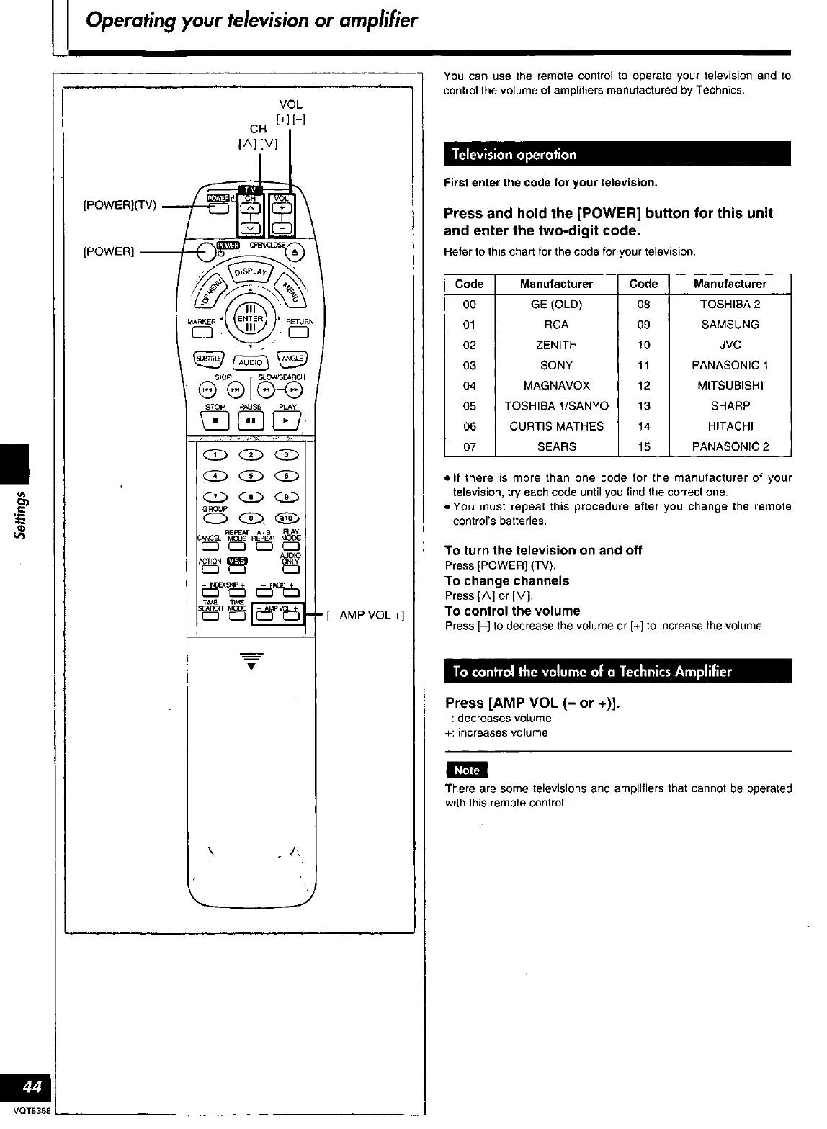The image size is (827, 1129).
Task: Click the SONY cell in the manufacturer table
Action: tap(556, 365)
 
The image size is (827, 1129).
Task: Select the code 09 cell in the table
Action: tap(643, 325)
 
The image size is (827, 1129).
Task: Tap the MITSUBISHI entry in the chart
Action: tap(730, 385)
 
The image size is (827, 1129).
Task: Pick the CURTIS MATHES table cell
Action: tap(556, 426)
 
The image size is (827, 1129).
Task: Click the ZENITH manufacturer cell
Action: tap(556, 345)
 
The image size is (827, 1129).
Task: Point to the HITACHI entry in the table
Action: tap(730, 426)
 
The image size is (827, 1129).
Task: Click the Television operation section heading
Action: tap(514, 155)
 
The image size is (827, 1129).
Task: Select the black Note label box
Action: tap(467, 770)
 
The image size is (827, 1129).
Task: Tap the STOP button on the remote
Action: tap(215, 419)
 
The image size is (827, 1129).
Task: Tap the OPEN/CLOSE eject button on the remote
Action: tap(296, 251)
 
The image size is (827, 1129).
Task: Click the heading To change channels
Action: tap(507, 580)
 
